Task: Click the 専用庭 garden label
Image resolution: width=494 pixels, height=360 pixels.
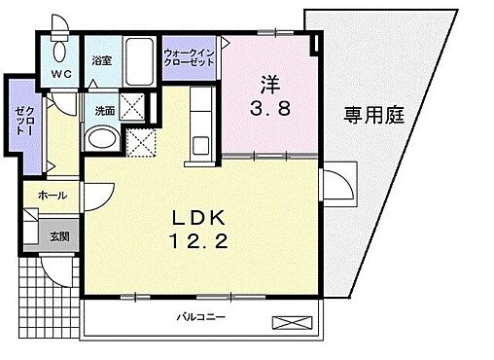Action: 372,115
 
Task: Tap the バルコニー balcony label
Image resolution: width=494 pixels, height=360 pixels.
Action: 200,317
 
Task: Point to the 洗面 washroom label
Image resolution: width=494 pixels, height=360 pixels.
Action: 104,111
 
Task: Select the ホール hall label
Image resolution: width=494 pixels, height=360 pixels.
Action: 53,196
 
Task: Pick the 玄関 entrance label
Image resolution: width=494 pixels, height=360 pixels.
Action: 59,235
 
